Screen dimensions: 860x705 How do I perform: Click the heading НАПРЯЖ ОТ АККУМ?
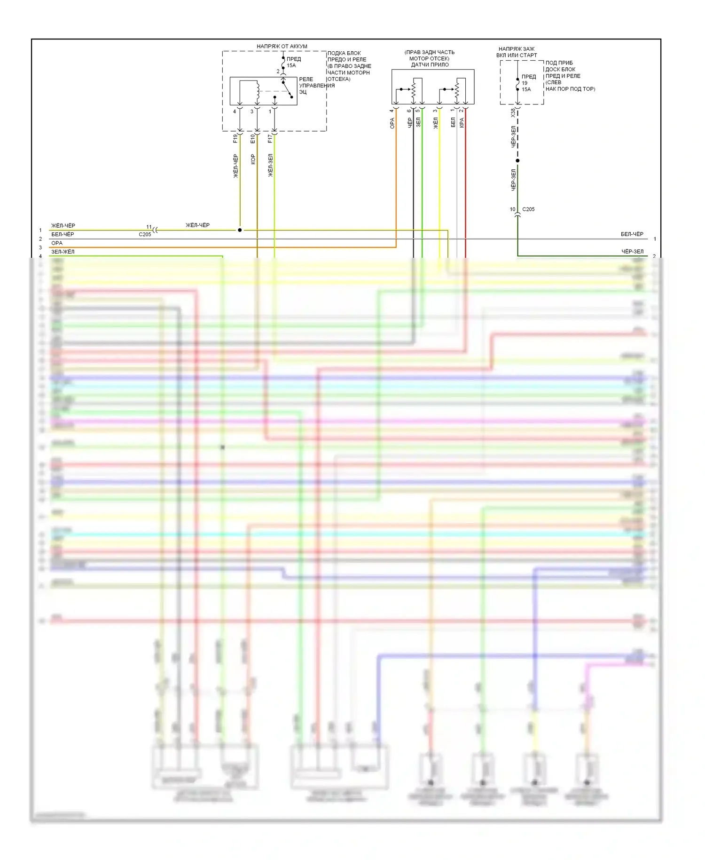(282, 46)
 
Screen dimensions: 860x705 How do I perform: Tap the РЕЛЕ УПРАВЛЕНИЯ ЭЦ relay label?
(316, 86)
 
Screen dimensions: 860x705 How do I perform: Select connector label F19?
(235, 138)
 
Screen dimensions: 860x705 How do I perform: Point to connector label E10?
(253, 138)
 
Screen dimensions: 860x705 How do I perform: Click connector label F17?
(270, 138)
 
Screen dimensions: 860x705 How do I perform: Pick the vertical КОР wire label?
(253, 159)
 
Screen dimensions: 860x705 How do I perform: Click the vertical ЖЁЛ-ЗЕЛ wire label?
(270, 165)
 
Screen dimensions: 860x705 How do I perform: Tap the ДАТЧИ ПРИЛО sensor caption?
(430, 65)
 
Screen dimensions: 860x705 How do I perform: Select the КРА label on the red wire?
(462, 122)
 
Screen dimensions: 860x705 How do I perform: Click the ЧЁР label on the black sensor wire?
(410, 122)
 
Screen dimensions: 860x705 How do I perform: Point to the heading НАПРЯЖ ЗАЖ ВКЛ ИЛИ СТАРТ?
(516, 52)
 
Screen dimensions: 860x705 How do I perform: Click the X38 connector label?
(513, 113)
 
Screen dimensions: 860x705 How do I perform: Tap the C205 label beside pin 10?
(528, 209)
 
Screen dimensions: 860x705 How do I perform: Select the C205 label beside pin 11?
(145, 234)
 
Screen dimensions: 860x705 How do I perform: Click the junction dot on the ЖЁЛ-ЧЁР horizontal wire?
(240, 230)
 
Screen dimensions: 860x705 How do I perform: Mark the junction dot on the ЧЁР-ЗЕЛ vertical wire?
(517, 160)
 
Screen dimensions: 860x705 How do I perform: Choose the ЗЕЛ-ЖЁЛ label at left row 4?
(63, 252)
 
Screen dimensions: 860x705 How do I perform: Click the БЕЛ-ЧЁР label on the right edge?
(632, 234)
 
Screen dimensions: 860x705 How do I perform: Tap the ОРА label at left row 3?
(57, 243)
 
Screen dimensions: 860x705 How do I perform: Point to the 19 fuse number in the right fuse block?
(525, 83)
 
